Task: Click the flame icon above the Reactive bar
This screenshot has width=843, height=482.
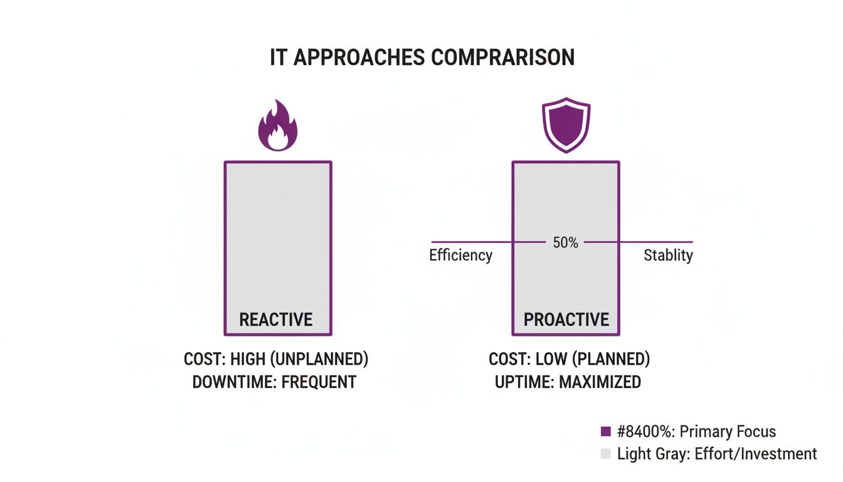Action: tap(278, 128)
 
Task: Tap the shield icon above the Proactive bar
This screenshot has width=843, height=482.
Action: tap(566, 125)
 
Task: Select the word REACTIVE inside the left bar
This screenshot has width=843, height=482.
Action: tap(276, 319)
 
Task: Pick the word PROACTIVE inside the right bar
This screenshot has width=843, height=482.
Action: tap(566, 319)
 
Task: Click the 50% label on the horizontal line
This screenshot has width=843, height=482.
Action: tap(566, 242)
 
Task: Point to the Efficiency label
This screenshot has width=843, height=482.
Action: tap(460, 255)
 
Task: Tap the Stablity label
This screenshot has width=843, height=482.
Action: tap(668, 255)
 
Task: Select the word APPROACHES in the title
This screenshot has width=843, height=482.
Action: tap(360, 58)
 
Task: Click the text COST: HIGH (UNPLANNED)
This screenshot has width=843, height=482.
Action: tap(276, 360)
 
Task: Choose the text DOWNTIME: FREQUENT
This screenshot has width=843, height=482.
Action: tap(274, 382)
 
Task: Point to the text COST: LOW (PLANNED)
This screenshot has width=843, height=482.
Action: tap(570, 360)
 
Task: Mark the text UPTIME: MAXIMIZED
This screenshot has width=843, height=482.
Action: tap(568, 382)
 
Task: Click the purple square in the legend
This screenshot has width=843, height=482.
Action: tap(605, 432)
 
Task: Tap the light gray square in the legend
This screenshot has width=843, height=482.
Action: tap(605, 454)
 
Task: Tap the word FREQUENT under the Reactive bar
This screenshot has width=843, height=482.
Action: tap(319, 382)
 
